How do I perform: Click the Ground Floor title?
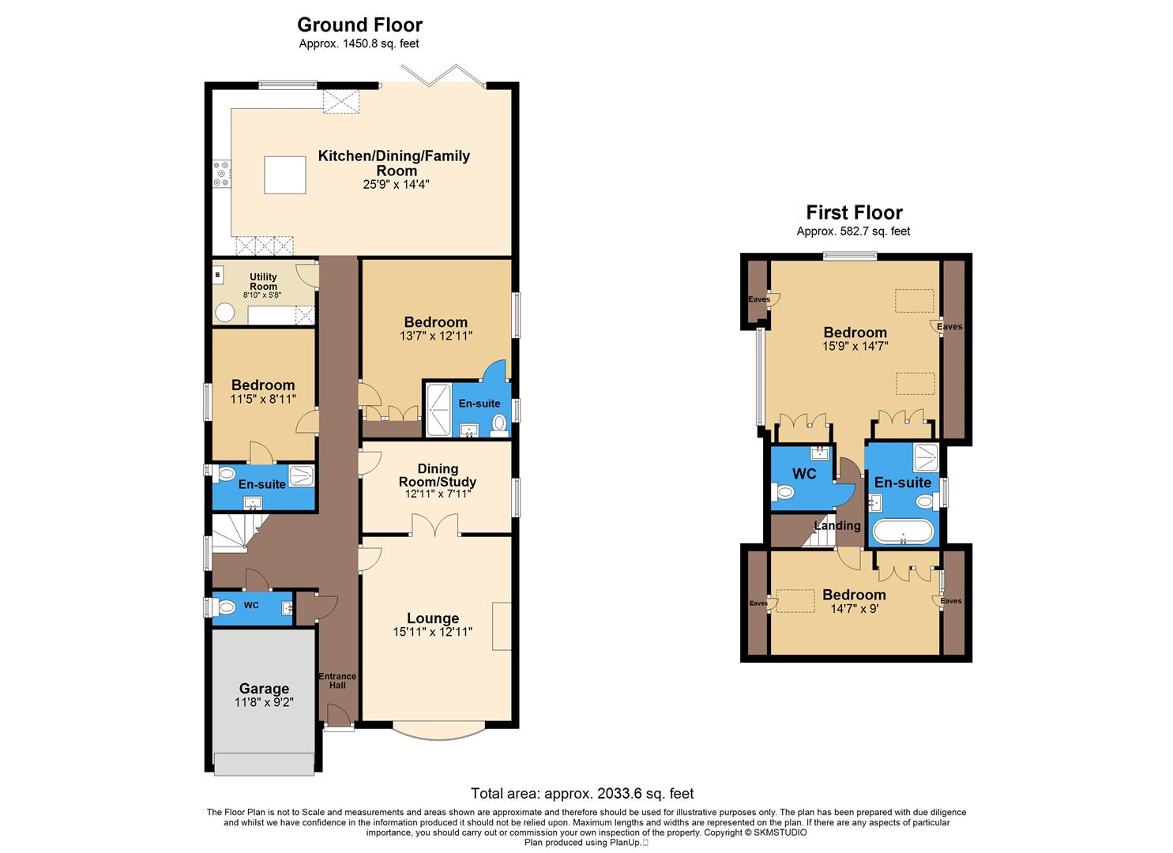359,24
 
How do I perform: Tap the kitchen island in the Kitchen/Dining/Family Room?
284,175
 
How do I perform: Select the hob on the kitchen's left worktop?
221,175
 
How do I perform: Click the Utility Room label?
263,281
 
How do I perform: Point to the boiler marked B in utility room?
217,275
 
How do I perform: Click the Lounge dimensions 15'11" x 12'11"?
433,632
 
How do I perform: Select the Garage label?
264,688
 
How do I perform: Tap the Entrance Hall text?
337,681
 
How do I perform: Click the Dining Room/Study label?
437,475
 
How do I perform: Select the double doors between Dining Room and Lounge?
435,525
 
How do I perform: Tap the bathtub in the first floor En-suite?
903,531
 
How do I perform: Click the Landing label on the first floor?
837,525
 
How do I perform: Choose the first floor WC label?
804,474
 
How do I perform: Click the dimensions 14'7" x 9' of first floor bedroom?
854,609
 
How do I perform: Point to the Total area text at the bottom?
582,793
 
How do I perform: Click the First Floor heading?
854,212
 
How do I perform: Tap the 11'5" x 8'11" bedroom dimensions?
263,400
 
